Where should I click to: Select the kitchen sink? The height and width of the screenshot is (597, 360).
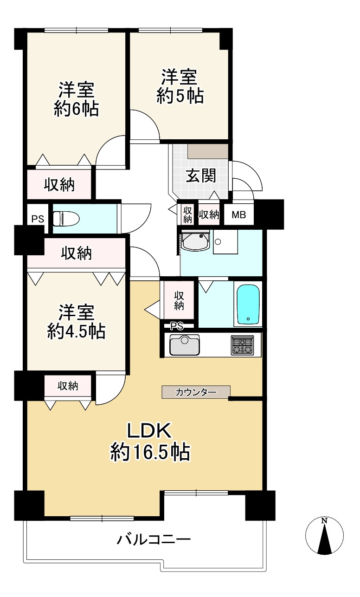point(184,345)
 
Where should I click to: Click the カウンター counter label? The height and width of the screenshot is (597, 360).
point(196,392)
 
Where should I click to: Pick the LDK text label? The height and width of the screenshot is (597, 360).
point(150,431)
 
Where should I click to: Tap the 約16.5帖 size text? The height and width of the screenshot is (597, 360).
point(150,452)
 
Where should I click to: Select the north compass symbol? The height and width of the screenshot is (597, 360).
point(325,536)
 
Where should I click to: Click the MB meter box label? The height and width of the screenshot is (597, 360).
point(239,215)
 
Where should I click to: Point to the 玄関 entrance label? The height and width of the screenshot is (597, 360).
point(201,176)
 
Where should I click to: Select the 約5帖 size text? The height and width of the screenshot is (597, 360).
point(180,96)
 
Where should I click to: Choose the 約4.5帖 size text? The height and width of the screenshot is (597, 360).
point(76,331)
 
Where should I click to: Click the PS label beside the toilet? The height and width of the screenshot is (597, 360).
point(38,218)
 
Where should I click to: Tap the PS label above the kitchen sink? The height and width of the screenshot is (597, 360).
point(176,325)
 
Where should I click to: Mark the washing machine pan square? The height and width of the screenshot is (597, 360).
point(225,242)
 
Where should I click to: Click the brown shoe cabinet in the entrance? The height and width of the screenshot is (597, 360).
point(208,151)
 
